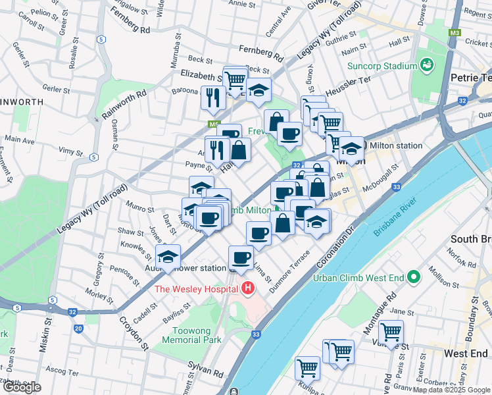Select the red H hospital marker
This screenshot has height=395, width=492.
click(248, 288)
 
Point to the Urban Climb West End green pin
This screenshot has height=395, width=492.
click(413, 277)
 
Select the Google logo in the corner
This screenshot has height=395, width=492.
click(21, 386)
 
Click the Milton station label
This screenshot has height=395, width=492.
click(396, 145)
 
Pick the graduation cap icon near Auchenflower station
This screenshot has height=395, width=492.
click(168, 257)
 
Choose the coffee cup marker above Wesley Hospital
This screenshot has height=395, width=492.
click(241, 257)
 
